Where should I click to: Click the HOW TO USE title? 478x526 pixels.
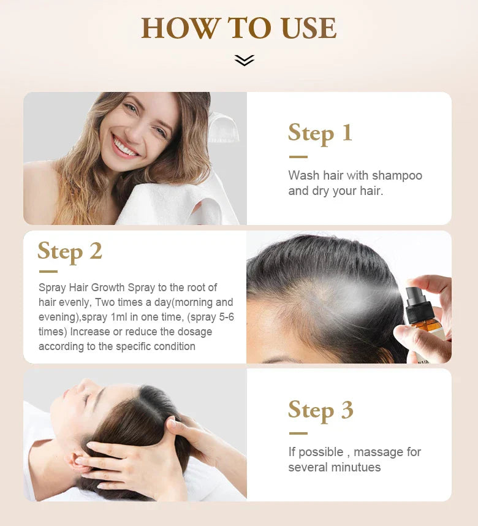pyautogui.click(x=239, y=28)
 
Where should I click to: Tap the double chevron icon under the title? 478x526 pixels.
pyautogui.click(x=244, y=60)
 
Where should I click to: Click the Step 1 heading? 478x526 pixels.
pyautogui.click(x=320, y=133)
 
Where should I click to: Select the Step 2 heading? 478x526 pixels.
pyautogui.click(x=69, y=251)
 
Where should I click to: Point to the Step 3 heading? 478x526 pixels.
pyautogui.click(x=321, y=410)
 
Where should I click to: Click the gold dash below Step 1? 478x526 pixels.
pyautogui.click(x=298, y=157)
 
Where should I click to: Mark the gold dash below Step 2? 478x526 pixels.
pyautogui.click(x=48, y=272)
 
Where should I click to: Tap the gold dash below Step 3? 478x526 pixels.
pyautogui.click(x=298, y=433)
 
